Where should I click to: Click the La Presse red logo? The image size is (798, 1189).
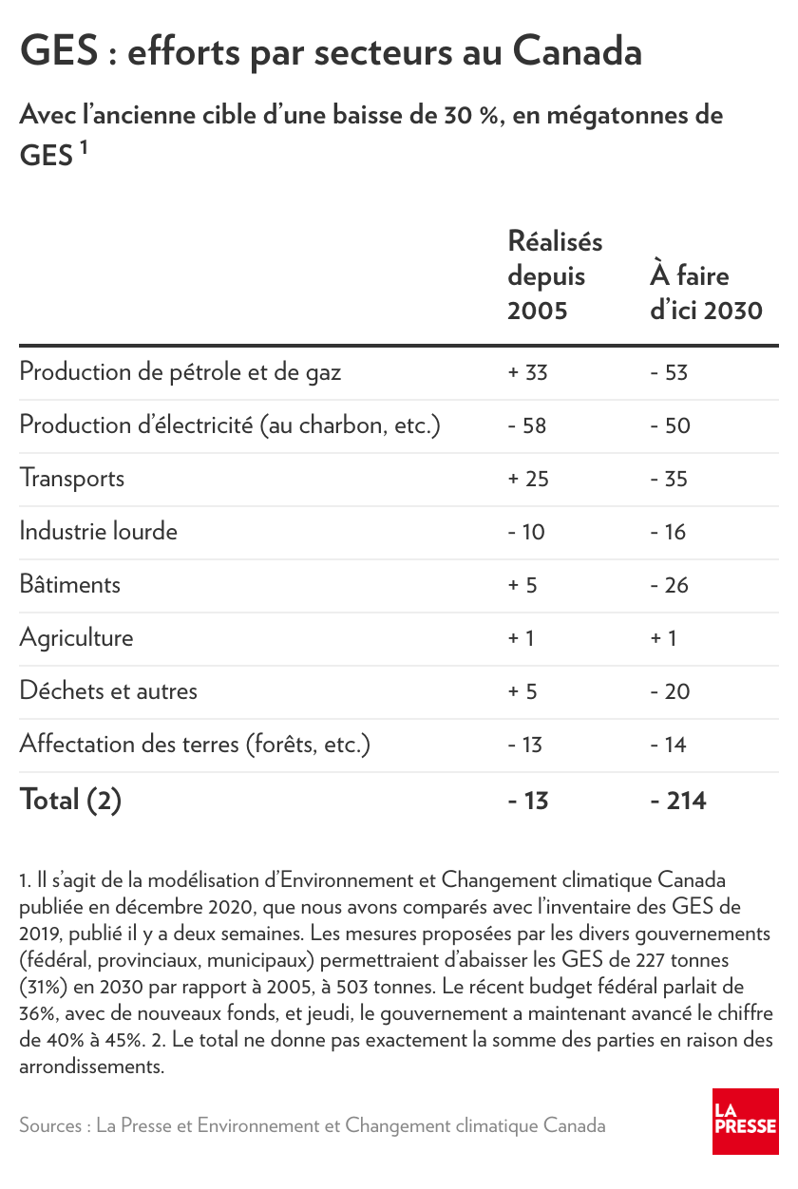[x=745, y=1121]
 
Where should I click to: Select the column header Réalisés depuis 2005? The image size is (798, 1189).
[x=555, y=275]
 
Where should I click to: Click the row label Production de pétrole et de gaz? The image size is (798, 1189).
[x=180, y=371]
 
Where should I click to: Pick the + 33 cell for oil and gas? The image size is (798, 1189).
[x=528, y=372]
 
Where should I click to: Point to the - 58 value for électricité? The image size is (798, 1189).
[x=527, y=425]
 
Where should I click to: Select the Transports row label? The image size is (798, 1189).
[x=72, y=478]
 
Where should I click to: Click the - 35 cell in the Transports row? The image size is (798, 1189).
[x=669, y=479]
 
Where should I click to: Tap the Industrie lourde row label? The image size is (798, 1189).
[x=99, y=531]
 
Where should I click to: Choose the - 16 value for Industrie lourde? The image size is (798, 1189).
[x=668, y=532]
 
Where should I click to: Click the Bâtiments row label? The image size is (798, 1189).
[x=70, y=584]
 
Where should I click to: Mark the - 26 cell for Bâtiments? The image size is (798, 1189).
[x=670, y=585]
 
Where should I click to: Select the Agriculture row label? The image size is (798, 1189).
[x=76, y=637]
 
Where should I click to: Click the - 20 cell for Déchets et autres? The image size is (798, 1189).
[x=670, y=691]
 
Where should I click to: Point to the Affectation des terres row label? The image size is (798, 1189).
[x=195, y=744]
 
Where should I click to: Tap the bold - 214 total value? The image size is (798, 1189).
[x=678, y=801]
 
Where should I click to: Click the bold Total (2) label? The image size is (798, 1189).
[x=71, y=801]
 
